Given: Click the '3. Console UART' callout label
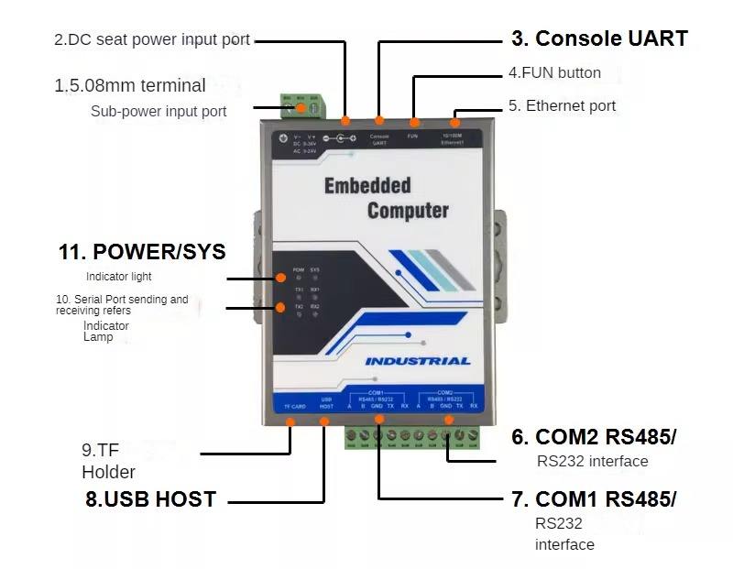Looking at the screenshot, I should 599,38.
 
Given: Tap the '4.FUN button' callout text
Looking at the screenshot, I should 554,72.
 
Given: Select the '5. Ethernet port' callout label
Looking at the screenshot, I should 562,105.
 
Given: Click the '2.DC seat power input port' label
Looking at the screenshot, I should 151,39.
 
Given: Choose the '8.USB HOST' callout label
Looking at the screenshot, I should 149,499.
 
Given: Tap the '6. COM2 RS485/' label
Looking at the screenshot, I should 606,436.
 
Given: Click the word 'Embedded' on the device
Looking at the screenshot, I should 367,186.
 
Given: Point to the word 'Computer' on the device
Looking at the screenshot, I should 408,211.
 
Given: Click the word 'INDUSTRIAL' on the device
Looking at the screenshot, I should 418,360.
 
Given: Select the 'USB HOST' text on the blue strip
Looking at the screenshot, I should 326,402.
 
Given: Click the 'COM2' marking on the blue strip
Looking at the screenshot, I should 444,392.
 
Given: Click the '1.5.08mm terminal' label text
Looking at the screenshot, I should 129,85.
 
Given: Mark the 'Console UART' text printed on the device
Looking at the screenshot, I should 379,139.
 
